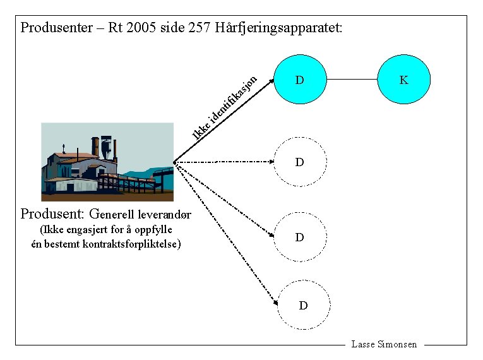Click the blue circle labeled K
403,80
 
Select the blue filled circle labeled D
300,80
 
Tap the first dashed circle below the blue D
300,162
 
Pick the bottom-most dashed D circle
303,306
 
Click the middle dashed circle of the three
300,237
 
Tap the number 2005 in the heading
143,28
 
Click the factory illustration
107,162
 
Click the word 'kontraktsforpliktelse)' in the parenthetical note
132,243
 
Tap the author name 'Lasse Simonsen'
384,344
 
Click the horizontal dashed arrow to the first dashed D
224,162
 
